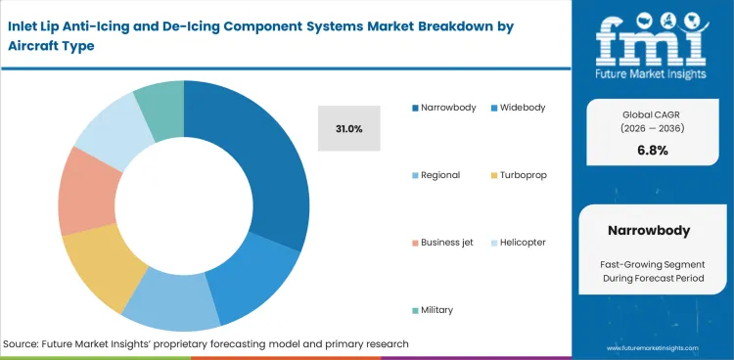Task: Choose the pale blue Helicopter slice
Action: point(106,127)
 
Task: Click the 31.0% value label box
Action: point(348,128)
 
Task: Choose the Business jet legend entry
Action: point(445,242)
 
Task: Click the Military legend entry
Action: point(436,309)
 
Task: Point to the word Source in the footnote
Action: point(22,343)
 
